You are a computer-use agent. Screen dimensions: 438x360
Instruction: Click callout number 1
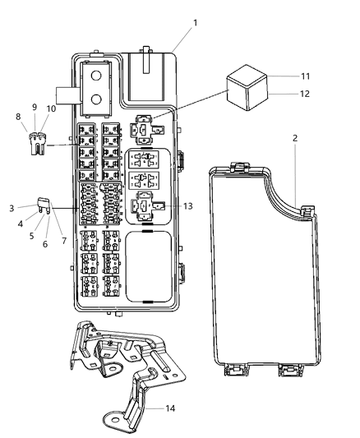click(x=196, y=22)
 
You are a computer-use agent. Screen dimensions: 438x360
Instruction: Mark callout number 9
click(x=35, y=107)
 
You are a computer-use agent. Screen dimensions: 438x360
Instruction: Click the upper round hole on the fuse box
click(x=96, y=76)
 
